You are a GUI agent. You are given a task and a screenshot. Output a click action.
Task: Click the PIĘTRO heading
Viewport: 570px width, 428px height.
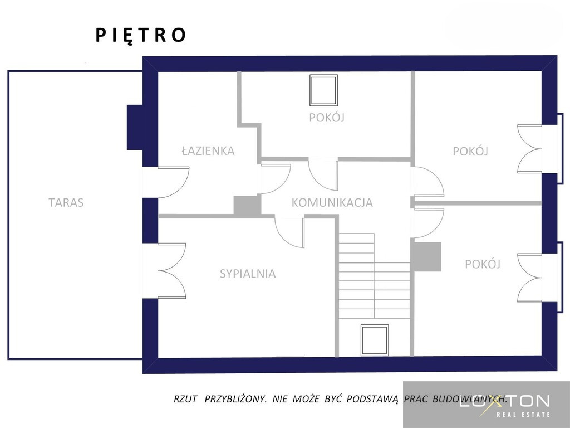(141, 35)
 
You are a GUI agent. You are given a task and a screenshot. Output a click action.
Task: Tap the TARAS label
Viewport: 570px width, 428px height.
(66, 202)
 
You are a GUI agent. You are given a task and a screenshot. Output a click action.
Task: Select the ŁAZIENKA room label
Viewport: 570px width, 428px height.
(208, 150)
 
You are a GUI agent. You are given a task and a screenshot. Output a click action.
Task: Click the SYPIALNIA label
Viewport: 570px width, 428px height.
(248, 273)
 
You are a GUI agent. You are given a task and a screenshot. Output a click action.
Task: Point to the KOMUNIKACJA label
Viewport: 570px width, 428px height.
(332, 202)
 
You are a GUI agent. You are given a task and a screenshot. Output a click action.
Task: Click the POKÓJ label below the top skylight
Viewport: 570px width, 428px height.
(327, 118)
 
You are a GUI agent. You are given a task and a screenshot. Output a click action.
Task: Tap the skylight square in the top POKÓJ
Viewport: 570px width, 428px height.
(323, 90)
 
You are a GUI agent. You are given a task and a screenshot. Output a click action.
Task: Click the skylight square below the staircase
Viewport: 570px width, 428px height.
(375, 340)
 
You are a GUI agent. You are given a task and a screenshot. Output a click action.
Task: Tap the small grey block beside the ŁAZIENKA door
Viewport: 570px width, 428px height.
(247, 205)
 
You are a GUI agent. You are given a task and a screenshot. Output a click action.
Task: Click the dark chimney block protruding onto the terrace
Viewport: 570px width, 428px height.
(135, 128)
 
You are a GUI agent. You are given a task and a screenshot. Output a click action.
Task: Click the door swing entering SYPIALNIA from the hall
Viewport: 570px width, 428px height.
(289, 233)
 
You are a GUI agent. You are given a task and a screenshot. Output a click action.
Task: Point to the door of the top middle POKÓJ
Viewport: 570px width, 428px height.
(323, 174)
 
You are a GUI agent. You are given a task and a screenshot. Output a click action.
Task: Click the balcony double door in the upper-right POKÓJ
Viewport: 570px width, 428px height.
(530, 149)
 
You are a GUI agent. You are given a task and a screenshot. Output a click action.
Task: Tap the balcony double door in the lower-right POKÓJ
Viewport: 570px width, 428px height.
(530, 278)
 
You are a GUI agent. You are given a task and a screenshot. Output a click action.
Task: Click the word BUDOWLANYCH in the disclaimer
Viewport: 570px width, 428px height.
(470, 399)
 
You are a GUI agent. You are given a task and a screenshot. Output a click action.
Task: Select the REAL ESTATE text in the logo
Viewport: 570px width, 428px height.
(523, 414)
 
